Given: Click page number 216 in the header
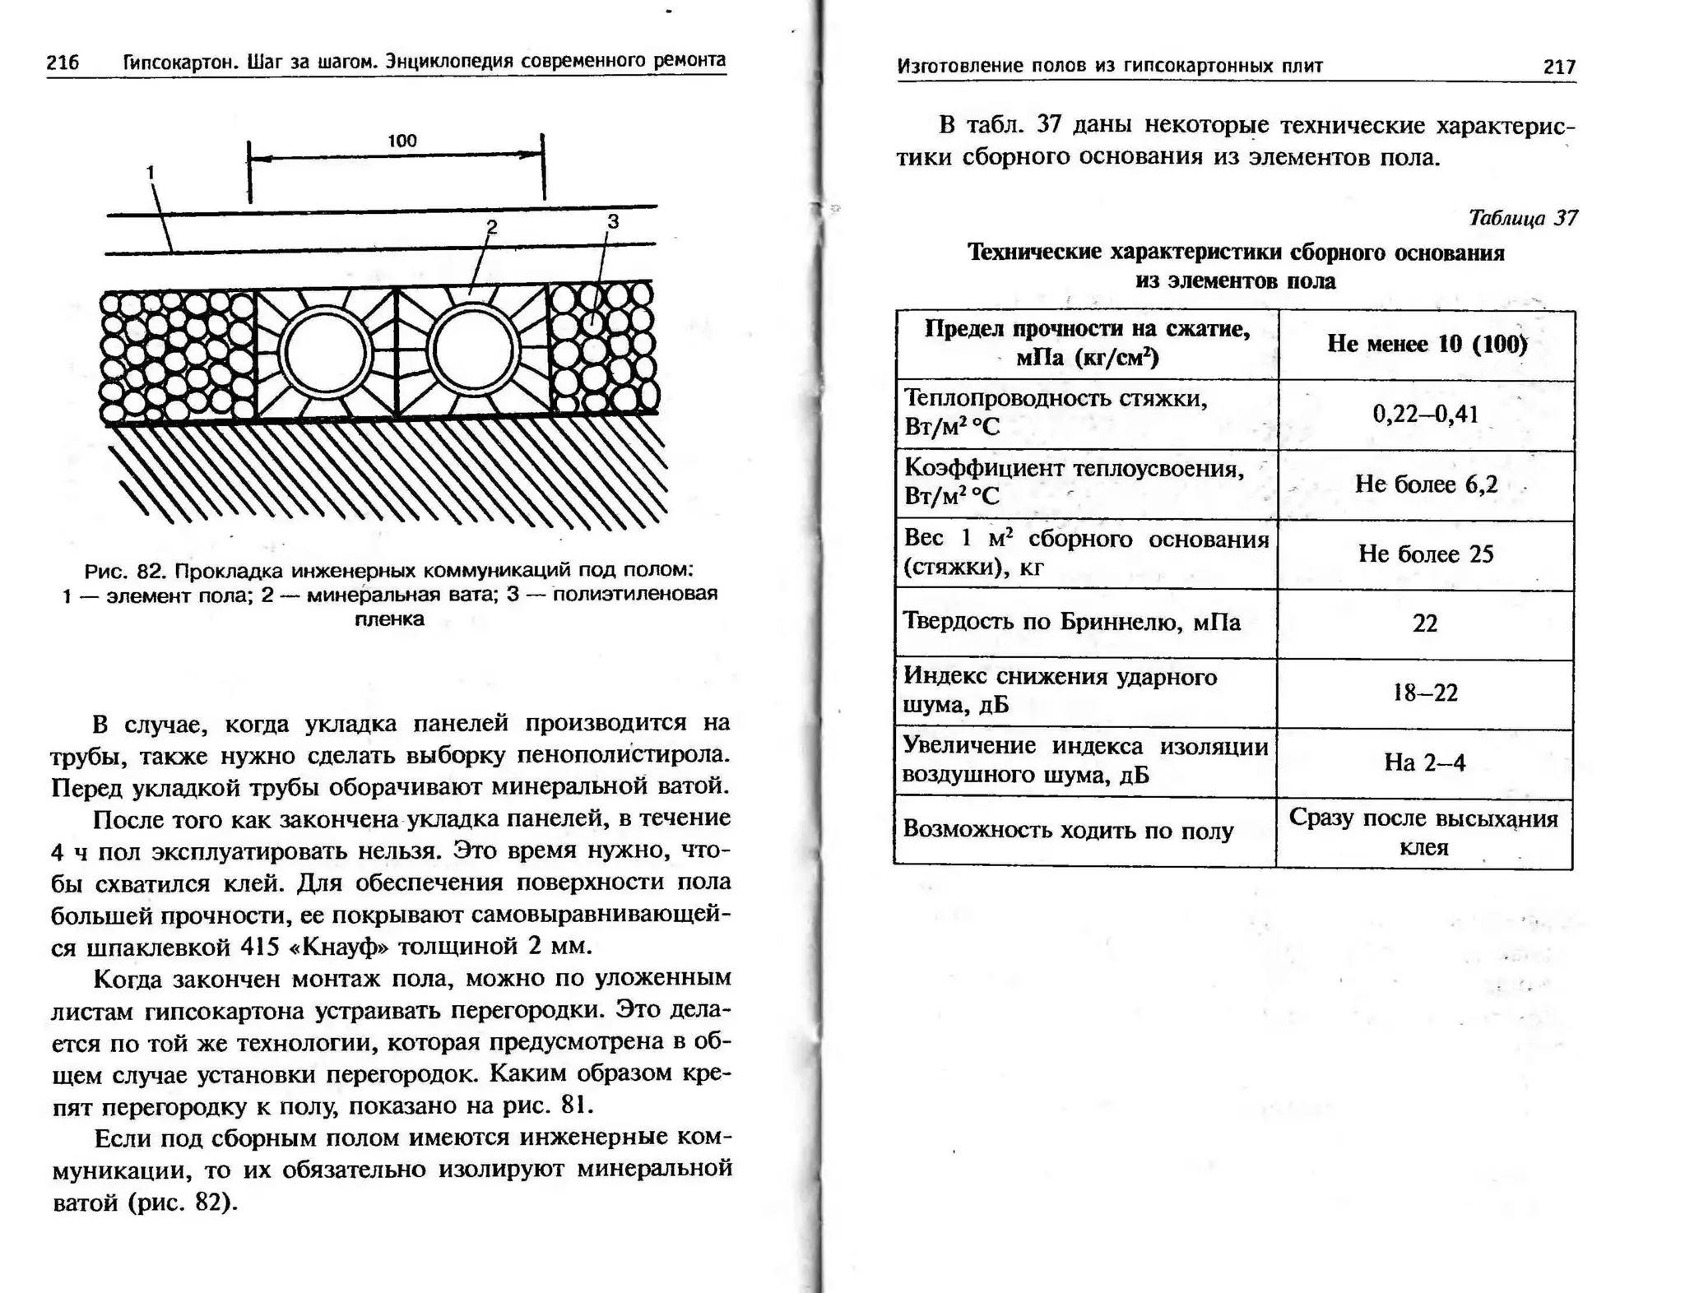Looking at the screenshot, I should point(63,63).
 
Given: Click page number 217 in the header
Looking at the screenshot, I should point(1559,67).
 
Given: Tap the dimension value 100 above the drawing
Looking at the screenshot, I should point(402,141).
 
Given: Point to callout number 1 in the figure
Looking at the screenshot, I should point(150,172).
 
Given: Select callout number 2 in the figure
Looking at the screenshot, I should point(492,226).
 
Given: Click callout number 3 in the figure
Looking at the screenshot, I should point(612,221).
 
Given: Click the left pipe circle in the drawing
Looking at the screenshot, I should point(324,351).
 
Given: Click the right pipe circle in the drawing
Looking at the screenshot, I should point(473,350).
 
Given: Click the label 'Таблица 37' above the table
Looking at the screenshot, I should point(1522,218).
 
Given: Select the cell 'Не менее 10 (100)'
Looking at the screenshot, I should point(1427,344).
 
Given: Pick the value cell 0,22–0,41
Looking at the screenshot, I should point(1426,414).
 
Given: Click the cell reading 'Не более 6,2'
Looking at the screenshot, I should point(1426,484).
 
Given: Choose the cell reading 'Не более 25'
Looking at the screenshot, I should point(1426,554).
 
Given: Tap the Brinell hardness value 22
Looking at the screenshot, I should point(1425,623).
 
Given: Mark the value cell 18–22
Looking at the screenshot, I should point(1425,693).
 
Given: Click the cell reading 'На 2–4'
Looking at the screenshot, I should point(1425,762).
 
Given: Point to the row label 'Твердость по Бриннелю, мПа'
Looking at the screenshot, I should point(1071,621).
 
